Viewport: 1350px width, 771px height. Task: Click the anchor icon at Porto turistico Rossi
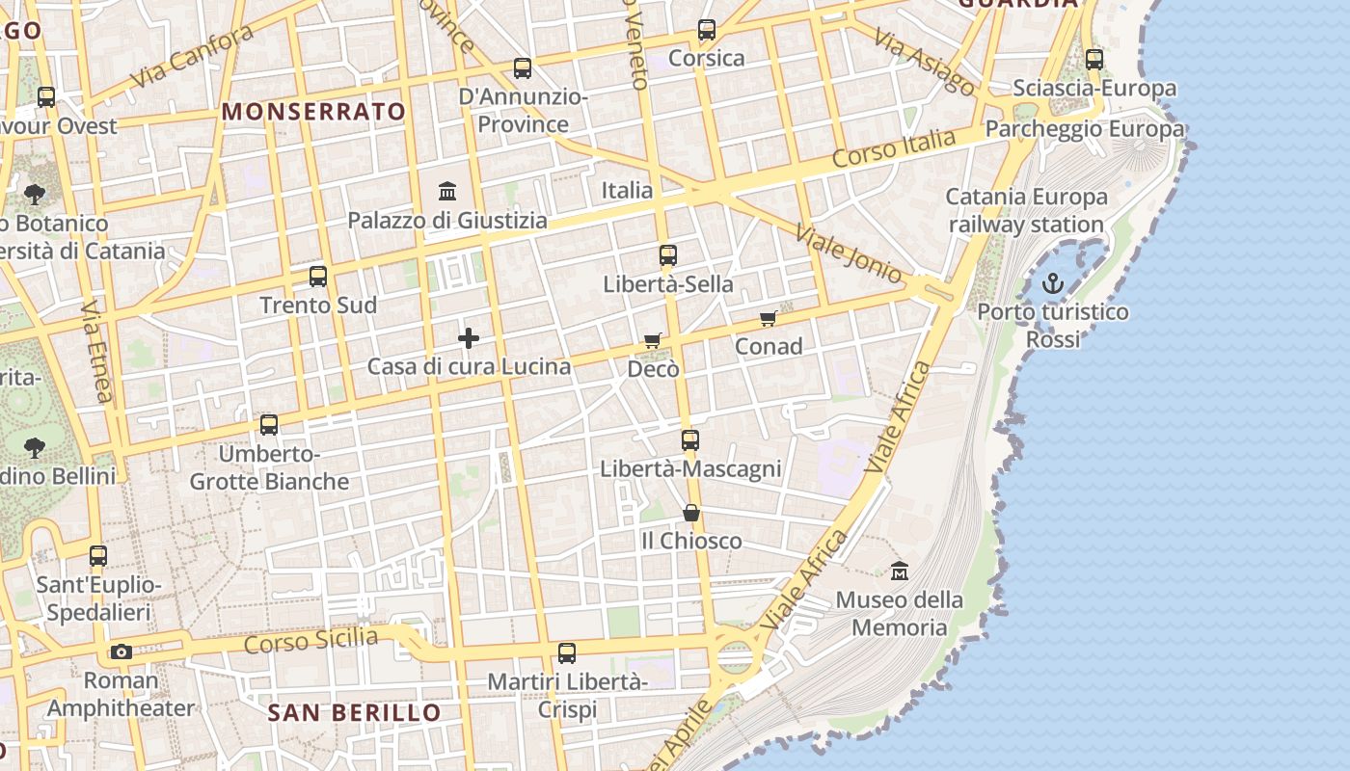[x=1053, y=283]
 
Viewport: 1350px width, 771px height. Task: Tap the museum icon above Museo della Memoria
[x=900, y=571]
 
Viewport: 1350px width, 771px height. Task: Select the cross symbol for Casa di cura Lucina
[x=469, y=337]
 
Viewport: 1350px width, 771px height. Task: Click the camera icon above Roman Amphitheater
[x=121, y=651]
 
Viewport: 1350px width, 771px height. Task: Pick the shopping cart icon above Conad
[x=768, y=318]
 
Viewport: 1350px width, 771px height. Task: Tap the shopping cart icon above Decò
[x=653, y=340]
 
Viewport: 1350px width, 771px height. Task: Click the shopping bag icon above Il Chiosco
[x=691, y=512]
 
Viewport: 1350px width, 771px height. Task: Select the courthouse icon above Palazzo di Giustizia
[x=447, y=191]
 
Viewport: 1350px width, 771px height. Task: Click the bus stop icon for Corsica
[x=707, y=30]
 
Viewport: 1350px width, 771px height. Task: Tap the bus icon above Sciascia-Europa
[x=1094, y=60]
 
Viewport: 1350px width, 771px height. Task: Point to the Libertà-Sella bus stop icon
[x=668, y=255]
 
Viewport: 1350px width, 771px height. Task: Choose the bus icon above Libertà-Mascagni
[x=690, y=440]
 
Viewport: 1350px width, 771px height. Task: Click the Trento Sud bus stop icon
[x=318, y=277]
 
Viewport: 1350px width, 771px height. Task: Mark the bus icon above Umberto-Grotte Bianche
[x=269, y=424]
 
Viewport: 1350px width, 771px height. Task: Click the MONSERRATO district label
[x=314, y=112]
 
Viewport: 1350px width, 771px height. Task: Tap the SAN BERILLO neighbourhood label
[x=354, y=713]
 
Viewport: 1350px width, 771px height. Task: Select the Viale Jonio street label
[x=849, y=253]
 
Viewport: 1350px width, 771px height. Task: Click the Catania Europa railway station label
[x=1026, y=211]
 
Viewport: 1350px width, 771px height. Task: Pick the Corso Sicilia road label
[x=310, y=640]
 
